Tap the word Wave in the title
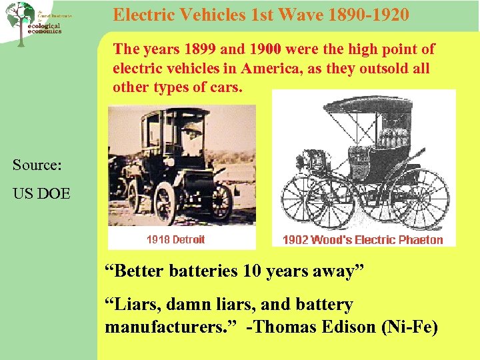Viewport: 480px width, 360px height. tap(275, 14)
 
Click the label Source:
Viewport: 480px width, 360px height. tap(36, 165)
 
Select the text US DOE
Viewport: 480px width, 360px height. tap(39, 194)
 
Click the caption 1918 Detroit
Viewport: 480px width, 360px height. tap(175, 239)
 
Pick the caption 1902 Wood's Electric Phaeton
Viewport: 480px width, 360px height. tap(363, 240)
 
